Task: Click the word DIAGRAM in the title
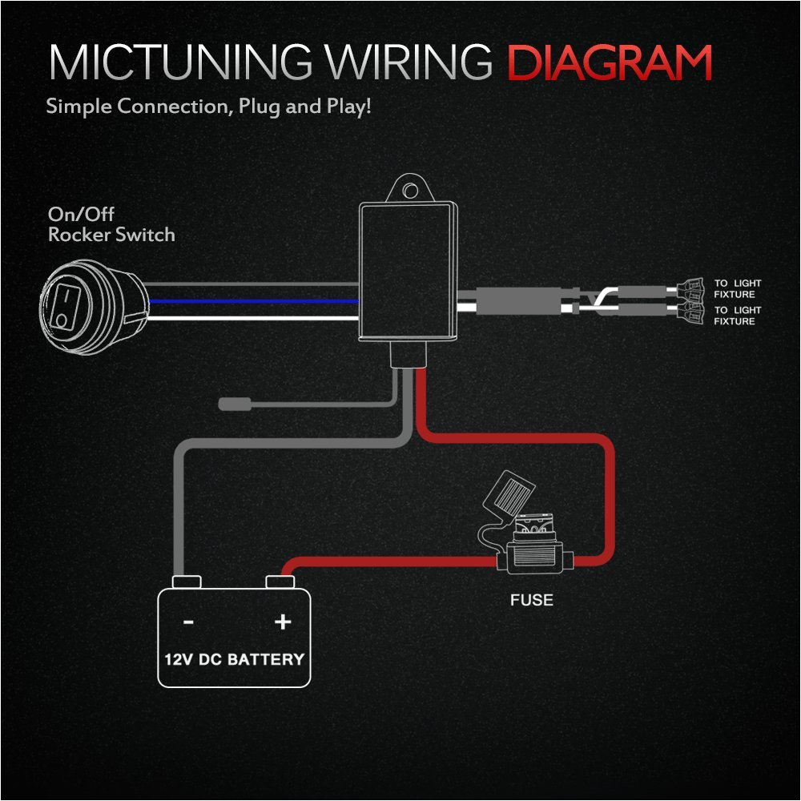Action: click(610, 62)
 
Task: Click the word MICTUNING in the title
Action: click(176, 62)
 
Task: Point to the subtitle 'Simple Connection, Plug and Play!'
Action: click(208, 107)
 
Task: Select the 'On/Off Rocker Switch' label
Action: click(111, 225)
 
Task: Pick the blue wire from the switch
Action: click(256, 301)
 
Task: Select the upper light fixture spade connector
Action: click(691, 284)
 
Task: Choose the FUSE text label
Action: click(532, 599)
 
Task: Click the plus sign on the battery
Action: click(282, 622)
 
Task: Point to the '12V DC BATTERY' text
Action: click(234, 660)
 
